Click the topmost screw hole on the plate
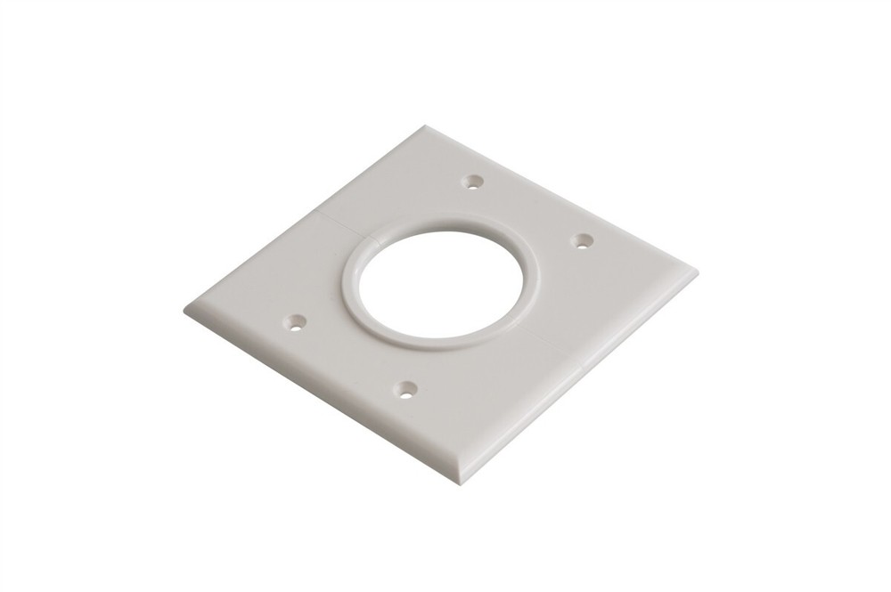(476, 182)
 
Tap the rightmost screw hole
(582, 239)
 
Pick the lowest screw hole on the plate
(407, 388)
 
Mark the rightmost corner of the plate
(697, 272)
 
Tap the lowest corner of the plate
(462, 481)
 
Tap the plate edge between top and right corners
(561, 198)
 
